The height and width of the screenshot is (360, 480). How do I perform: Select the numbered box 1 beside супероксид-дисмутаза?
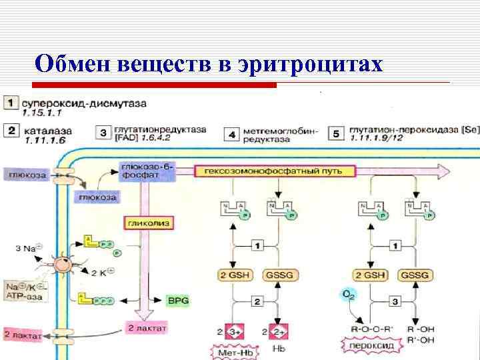11,104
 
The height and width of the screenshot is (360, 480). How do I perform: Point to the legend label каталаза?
45,130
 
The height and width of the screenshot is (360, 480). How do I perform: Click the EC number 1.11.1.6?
44,141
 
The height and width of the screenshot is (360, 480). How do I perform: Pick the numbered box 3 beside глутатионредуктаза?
103,133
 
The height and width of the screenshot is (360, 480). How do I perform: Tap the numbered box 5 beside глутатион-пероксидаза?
336,133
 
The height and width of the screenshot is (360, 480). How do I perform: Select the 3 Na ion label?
27,248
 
